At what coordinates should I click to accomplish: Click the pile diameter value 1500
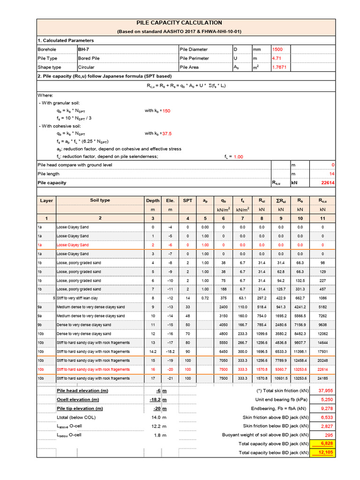(278, 49)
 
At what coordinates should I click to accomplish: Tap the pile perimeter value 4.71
(277, 58)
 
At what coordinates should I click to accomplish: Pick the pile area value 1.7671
(279, 67)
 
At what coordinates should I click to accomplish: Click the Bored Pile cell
(89, 58)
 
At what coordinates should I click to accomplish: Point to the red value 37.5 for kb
(166, 133)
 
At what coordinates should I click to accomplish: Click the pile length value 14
(332, 174)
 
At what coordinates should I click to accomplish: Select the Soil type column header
(100, 200)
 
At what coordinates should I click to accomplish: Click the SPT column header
(187, 200)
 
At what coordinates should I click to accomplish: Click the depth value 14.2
(152, 351)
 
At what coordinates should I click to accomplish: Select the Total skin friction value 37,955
(325, 390)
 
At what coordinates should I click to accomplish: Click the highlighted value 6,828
(326, 443)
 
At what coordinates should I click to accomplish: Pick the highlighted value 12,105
(325, 452)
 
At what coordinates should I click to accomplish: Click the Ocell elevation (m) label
(77, 399)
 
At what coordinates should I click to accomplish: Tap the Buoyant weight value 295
(329, 435)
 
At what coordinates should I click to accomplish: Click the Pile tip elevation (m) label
(80, 408)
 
